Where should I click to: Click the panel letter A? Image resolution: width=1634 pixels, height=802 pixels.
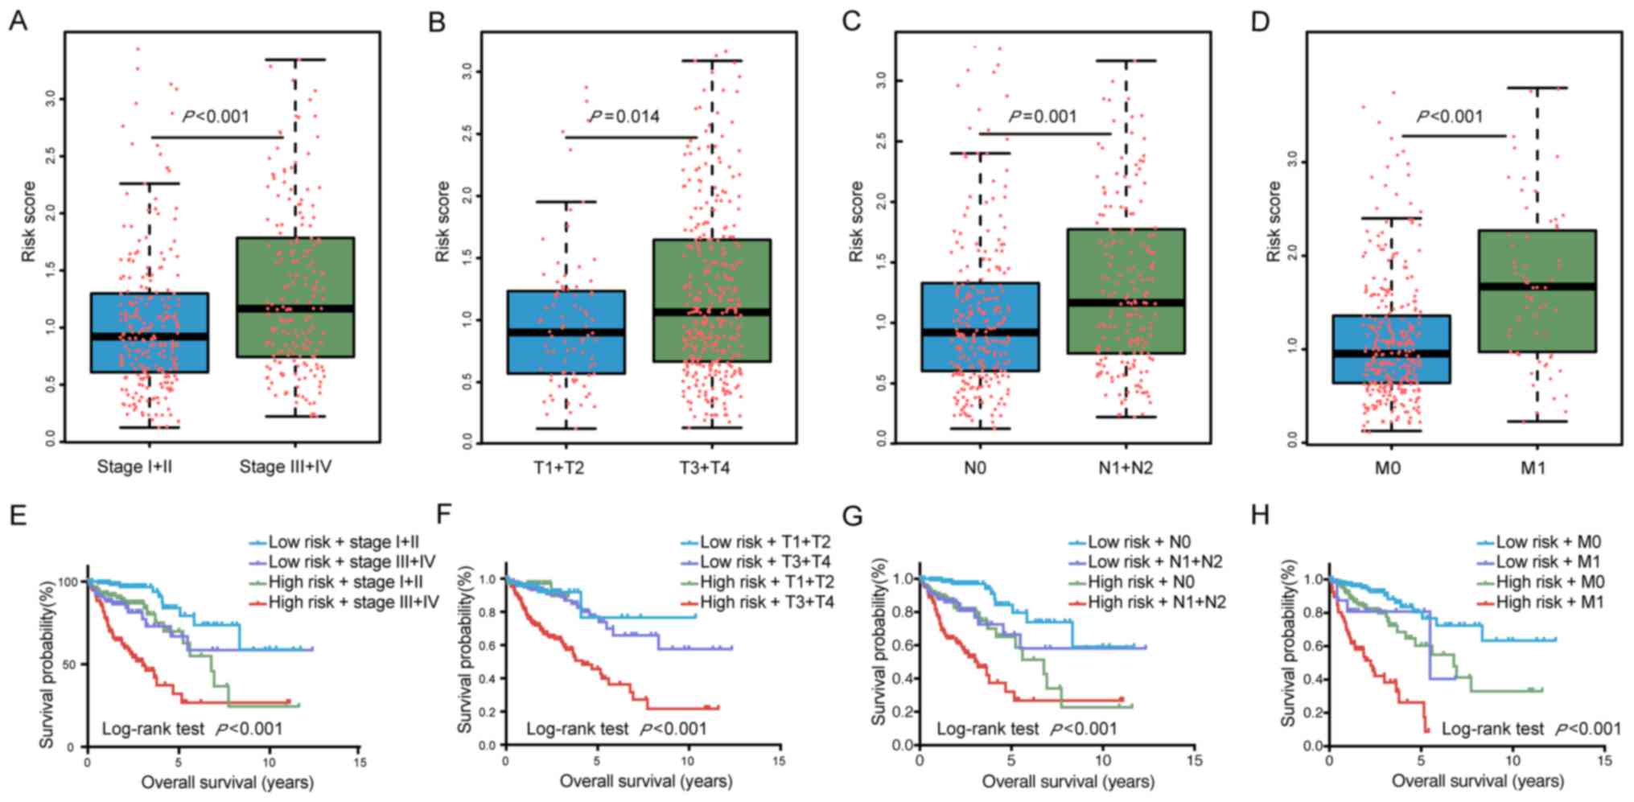tap(18, 22)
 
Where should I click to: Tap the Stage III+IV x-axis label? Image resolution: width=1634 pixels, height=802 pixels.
tap(286, 467)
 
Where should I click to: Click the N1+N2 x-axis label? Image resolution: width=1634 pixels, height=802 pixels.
tap(1125, 467)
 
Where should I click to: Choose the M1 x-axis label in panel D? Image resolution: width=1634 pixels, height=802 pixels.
tap(1533, 467)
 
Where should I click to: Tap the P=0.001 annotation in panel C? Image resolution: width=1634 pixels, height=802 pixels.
tap(1043, 117)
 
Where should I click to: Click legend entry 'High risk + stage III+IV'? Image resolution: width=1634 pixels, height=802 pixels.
tap(353, 602)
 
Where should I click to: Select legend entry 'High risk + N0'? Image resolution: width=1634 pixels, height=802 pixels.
tap(1141, 582)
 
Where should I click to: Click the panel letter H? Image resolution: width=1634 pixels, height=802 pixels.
tap(1260, 514)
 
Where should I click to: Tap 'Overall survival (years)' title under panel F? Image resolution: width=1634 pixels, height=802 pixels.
tap(645, 781)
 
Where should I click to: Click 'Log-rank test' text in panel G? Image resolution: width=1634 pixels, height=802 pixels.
tap(987, 729)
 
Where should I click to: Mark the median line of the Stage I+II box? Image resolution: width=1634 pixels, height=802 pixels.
tap(150, 337)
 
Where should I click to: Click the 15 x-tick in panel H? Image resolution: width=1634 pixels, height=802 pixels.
tap(1604, 760)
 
